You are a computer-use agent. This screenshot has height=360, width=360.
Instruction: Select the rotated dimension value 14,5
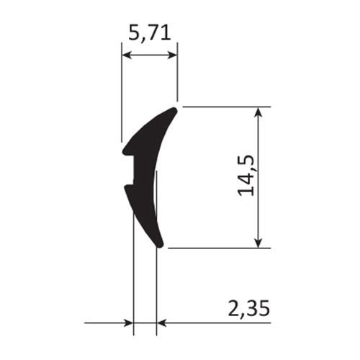pos(248,178)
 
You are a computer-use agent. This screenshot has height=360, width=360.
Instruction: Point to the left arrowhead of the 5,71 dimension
pos(125,54)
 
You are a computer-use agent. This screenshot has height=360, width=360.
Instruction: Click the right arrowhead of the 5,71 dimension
pos(174,54)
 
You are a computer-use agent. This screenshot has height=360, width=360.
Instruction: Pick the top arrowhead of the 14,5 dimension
pos(258,111)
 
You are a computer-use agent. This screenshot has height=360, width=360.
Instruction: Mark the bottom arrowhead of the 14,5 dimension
pos(258,243)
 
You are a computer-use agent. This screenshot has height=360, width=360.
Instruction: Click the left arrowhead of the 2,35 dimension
pos(130,323)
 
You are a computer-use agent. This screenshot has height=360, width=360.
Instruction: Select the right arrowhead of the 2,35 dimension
pos(161,323)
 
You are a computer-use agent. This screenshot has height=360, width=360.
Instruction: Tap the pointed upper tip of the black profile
pos(174,110)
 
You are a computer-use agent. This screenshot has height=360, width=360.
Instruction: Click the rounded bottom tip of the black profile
pos(161,245)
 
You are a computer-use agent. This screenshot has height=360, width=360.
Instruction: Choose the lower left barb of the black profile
pos(127,189)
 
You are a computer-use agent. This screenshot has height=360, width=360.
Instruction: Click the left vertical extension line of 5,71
pos(122,94)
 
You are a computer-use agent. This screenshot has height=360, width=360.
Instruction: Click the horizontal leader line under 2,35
pos(216,323)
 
